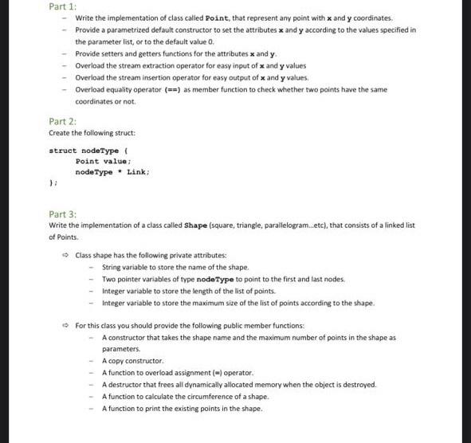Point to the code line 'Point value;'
pyautogui.click(x=103, y=161)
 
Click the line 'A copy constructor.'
pyautogui.click(x=132, y=361)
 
